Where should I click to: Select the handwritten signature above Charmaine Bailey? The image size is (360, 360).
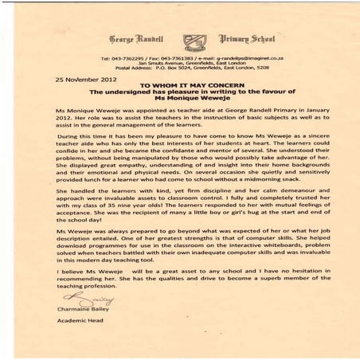point(76,299)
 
